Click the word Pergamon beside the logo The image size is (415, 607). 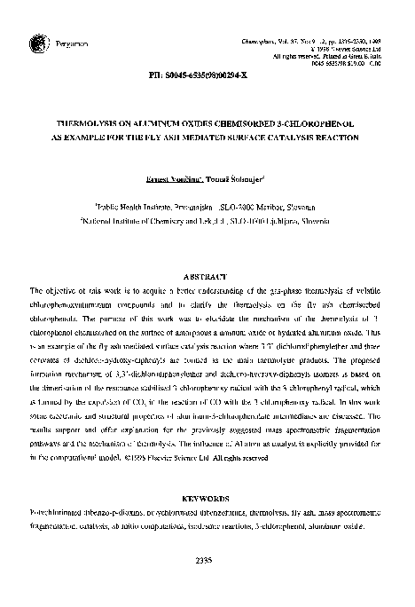pyautogui.click(x=66, y=42)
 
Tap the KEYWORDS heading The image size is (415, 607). pyautogui.click(x=208, y=500)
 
